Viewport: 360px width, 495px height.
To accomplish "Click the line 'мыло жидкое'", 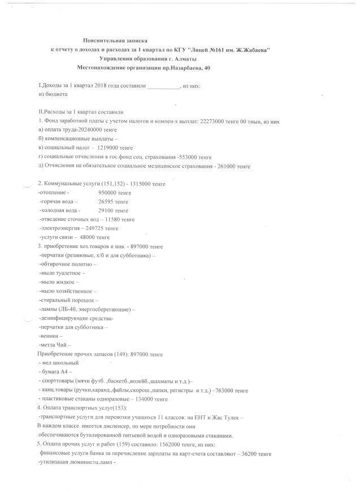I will (57, 281).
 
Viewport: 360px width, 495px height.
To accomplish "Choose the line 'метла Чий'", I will (53, 344).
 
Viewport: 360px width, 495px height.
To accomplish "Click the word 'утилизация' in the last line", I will (57, 462).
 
